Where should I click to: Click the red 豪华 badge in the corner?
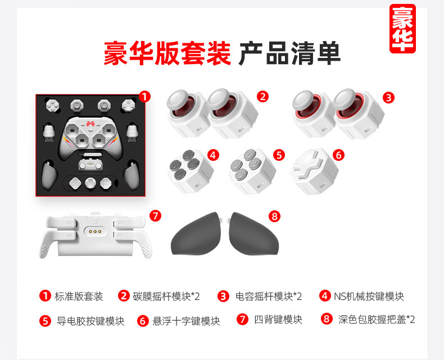point(402,29)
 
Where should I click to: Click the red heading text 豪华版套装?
point(167,53)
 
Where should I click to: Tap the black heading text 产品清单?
point(289,53)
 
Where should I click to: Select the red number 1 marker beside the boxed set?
point(144,97)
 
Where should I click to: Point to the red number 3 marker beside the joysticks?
point(388,98)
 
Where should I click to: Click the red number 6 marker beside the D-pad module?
point(338,155)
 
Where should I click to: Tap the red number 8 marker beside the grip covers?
point(274,217)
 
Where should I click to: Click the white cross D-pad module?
point(314,172)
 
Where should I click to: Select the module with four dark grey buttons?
point(191,172)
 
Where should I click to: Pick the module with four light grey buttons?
point(252,172)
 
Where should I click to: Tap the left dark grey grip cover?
point(196,235)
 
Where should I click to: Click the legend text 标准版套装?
point(79,296)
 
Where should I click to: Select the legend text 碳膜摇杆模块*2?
point(166,296)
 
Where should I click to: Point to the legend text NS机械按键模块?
point(369,296)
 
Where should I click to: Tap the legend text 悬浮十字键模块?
point(187,321)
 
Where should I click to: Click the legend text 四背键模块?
point(278,319)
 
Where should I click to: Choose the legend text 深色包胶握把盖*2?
point(377,319)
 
